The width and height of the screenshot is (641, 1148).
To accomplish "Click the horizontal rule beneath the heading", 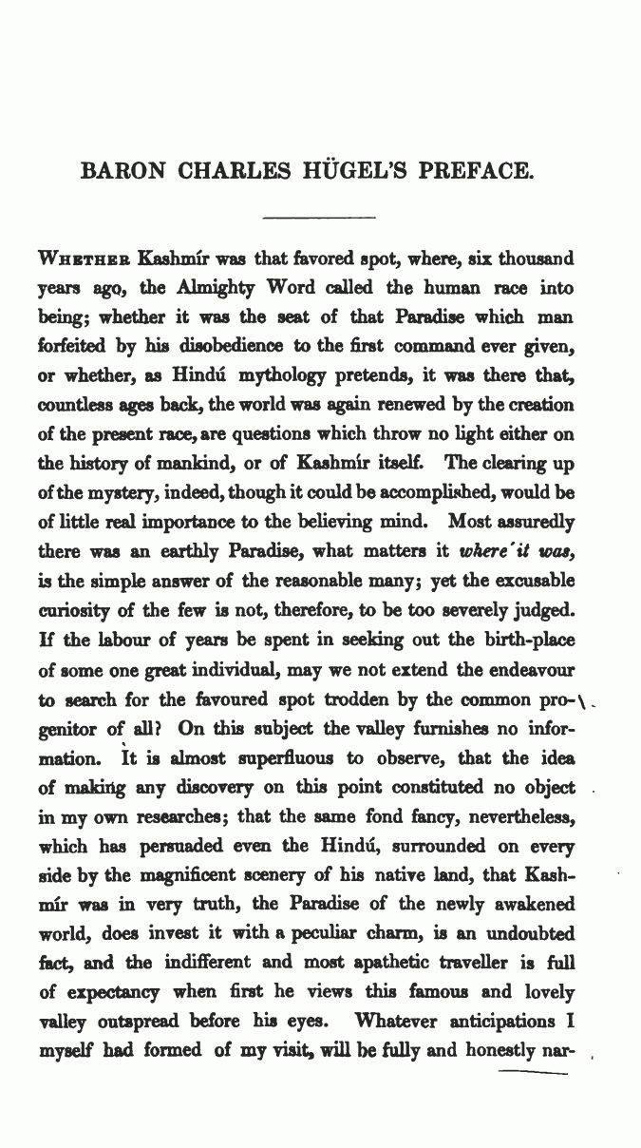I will click(320, 218).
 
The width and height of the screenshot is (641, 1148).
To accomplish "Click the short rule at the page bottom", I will click(533, 1073).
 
